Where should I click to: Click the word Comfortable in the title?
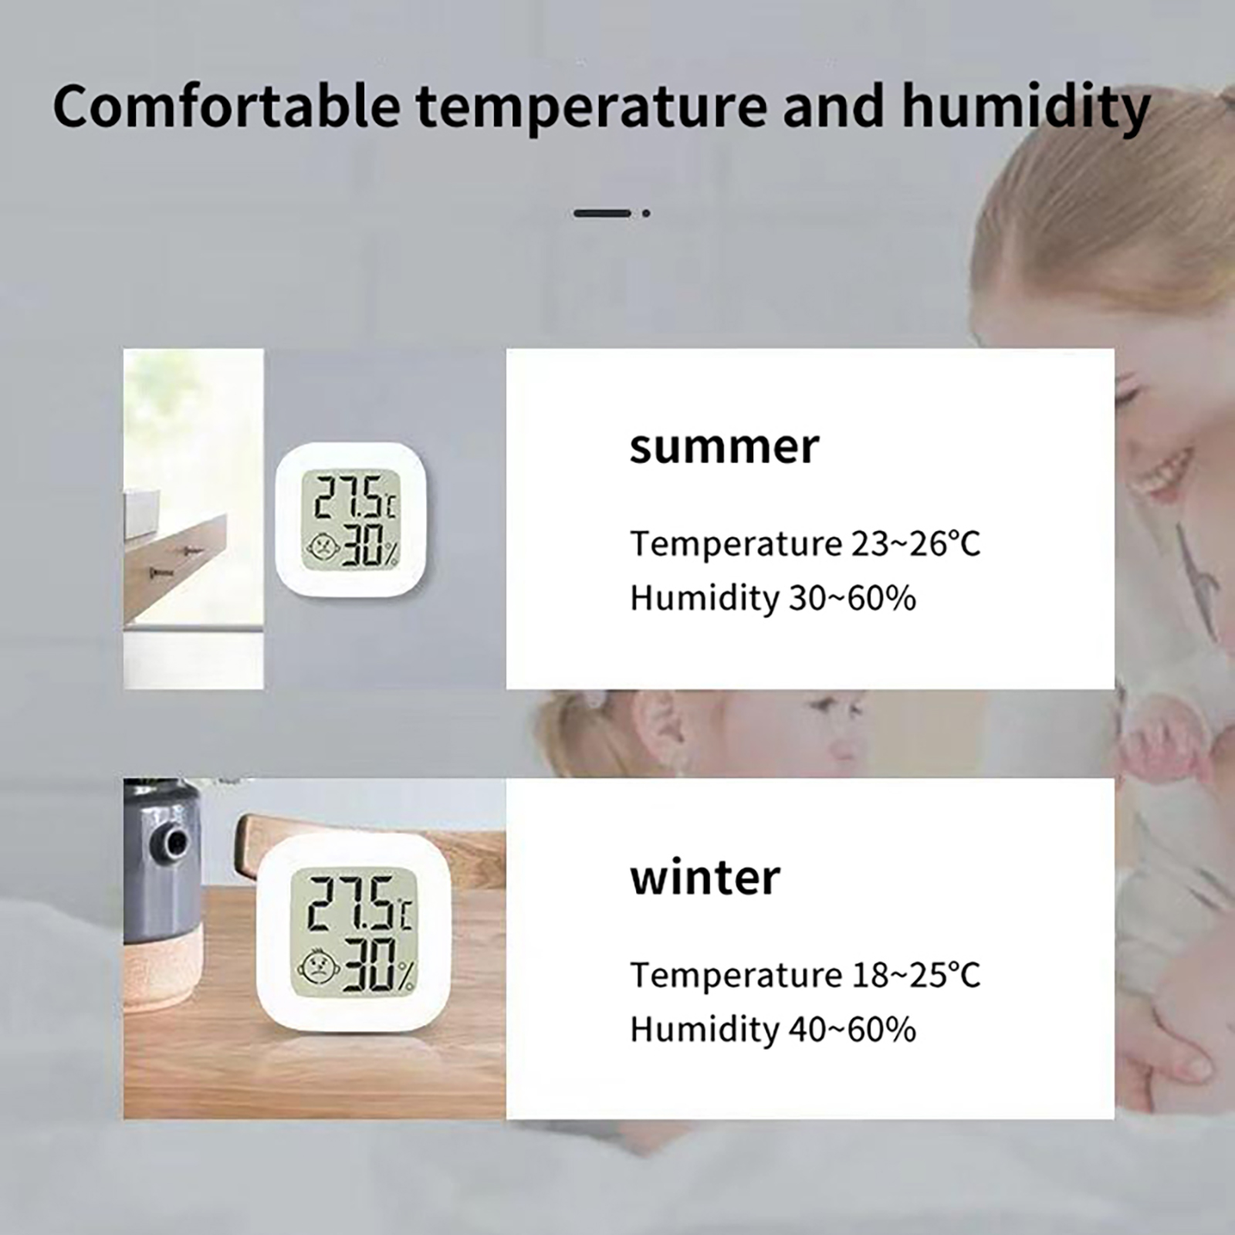click(x=226, y=106)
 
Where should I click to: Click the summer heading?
click(x=723, y=448)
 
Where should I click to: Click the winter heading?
click(x=705, y=878)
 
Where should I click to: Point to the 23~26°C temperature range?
click(x=915, y=544)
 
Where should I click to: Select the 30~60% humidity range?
click(x=852, y=599)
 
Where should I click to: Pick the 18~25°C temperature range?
click(x=915, y=975)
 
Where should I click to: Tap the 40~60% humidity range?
click(x=852, y=1030)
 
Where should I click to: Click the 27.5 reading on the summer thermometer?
click(x=349, y=498)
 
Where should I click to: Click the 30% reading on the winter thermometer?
click(x=378, y=964)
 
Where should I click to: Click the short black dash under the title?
click(x=602, y=213)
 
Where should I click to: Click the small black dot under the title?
click(x=646, y=213)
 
